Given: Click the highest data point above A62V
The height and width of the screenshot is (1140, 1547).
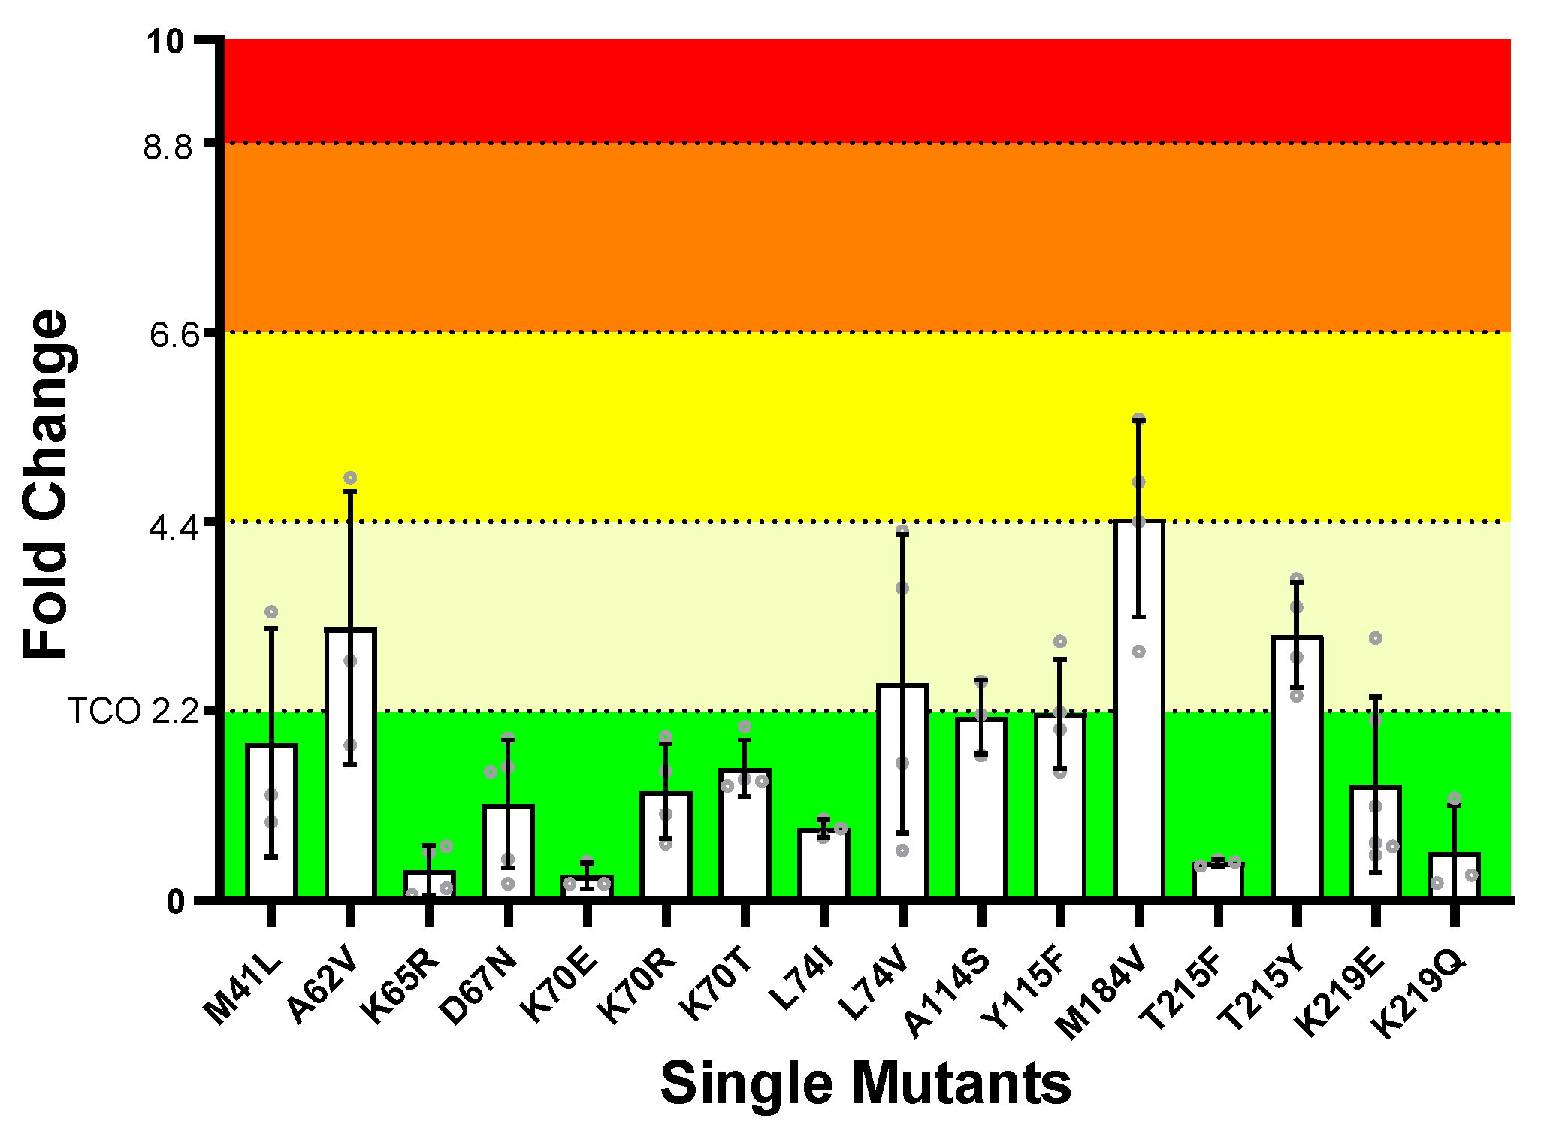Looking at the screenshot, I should coord(350,478).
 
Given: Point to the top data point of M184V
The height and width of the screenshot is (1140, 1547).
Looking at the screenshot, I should coord(1139,419).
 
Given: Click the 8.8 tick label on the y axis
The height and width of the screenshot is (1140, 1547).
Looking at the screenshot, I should coord(168,147).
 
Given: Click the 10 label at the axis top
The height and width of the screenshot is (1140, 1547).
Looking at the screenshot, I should coord(166,42).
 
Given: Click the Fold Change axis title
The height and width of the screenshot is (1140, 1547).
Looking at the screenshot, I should coord(47,485).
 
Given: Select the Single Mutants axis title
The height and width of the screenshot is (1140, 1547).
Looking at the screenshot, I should coord(866,1083).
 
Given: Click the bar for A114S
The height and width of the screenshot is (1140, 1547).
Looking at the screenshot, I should coord(981,808).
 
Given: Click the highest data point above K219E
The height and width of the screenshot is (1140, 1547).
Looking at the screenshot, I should coord(1376,638).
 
